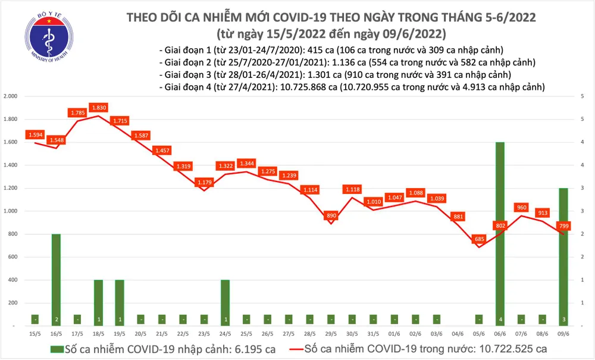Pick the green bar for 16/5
(x=56, y=280)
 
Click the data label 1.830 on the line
(x=99, y=108)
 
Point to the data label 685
(x=480, y=239)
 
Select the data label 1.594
(x=35, y=135)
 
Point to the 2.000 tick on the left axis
(x=10, y=96)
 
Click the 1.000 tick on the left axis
(x=10, y=211)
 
